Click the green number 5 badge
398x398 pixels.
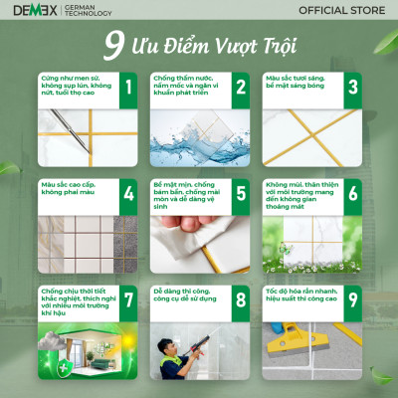tap(240, 195)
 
